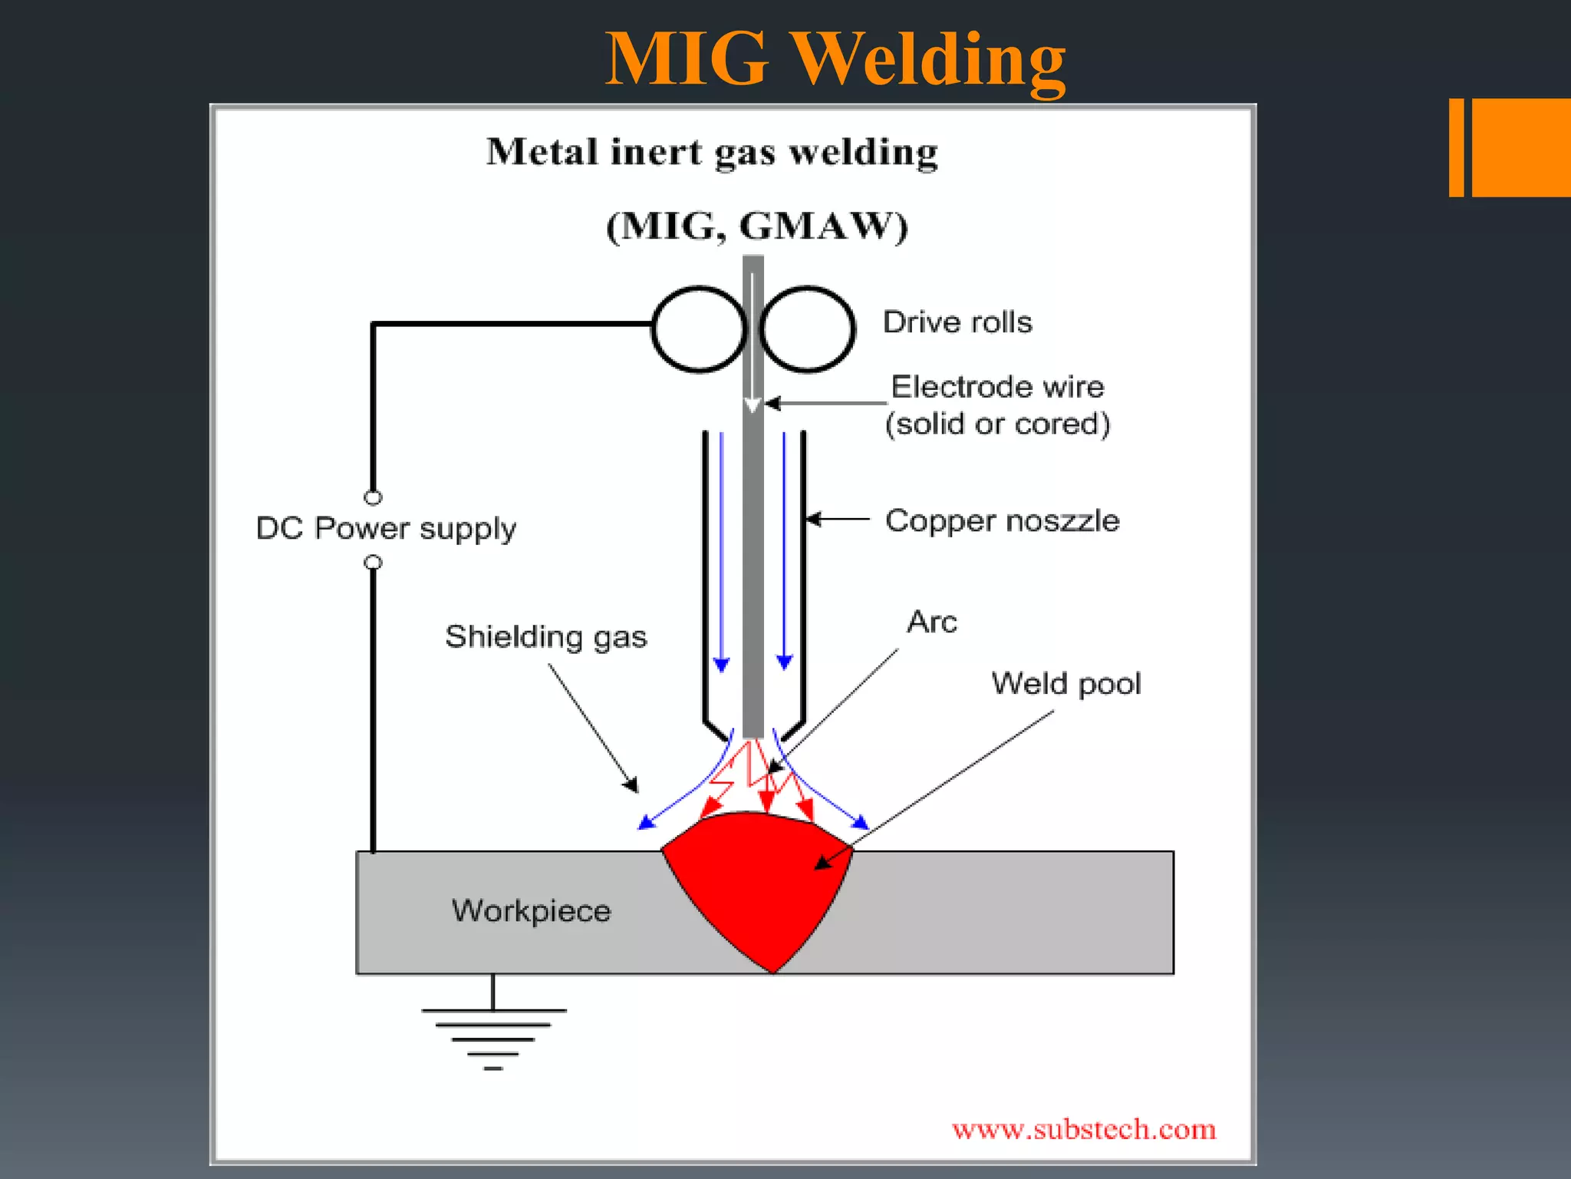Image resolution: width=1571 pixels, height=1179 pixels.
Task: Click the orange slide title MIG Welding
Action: (x=835, y=60)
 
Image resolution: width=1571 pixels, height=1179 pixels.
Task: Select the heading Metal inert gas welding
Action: (x=712, y=151)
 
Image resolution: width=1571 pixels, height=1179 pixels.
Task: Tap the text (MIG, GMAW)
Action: (x=756, y=226)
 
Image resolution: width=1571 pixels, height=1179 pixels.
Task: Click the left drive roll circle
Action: (x=699, y=329)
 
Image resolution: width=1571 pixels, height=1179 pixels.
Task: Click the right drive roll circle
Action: (x=807, y=329)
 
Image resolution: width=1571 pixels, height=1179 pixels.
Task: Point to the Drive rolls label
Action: (x=957, y=322)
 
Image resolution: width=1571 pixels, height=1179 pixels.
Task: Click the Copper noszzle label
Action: (x=1002, y=520)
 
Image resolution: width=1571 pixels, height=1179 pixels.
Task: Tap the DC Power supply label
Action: (x=386, y=528)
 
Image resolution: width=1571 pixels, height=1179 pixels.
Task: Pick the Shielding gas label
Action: (x=545, y=636)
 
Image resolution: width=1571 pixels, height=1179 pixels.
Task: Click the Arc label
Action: (x=931, y=621)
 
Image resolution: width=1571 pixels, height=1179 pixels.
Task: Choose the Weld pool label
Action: (x=1065, y=683)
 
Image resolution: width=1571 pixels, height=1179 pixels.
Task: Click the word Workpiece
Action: (x=531, y=911)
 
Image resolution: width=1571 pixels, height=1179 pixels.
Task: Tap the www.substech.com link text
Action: (x=1083, y=1129)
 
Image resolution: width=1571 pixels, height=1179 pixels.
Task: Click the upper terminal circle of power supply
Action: (x=373, y=497)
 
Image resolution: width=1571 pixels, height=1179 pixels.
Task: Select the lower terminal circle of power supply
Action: (x=373, y=563)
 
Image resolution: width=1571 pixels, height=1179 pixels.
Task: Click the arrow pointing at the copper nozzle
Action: (x=836, y=520)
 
